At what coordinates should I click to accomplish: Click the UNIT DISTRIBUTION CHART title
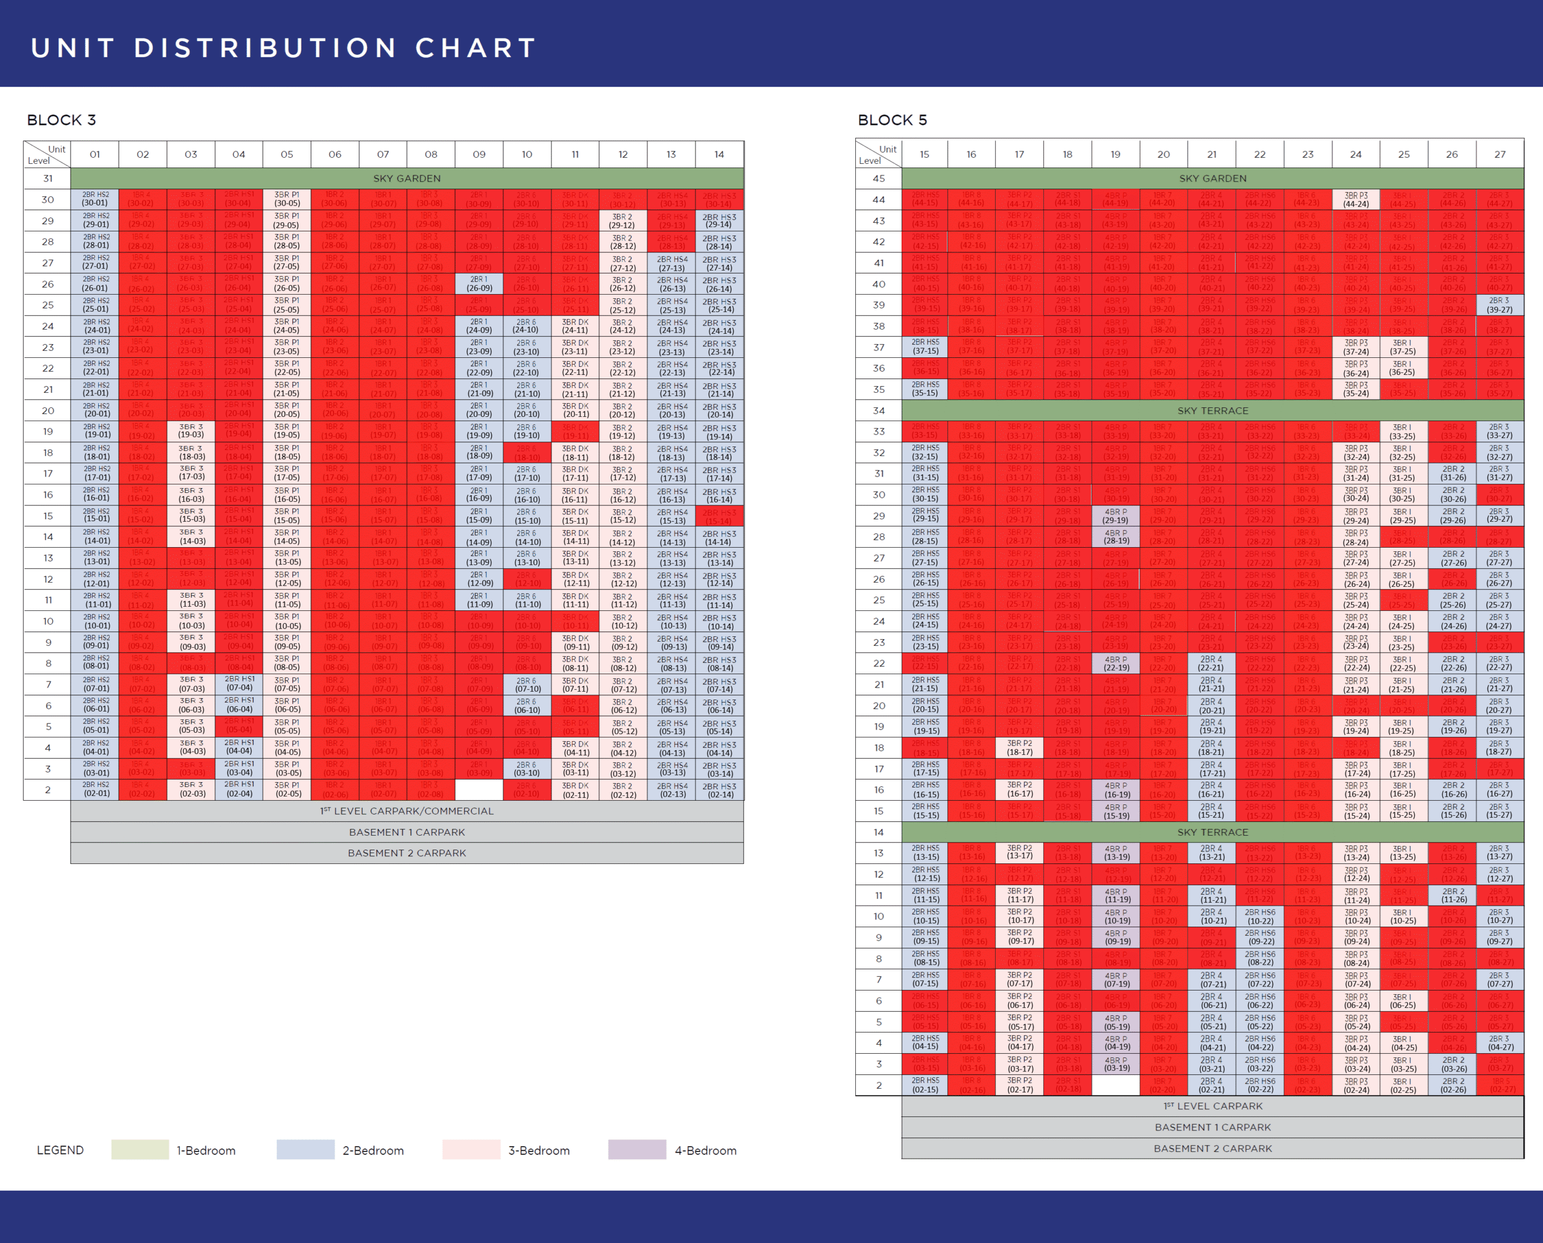click(284, 48)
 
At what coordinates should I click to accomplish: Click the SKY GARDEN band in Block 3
click(406, 178)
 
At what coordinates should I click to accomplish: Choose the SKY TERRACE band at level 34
click(1212, 410)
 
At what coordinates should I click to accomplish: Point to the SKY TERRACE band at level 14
click(1212, 832)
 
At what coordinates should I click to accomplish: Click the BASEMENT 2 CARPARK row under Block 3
click(406, 853)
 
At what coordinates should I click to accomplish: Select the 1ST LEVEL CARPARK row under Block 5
click(1212, 1106)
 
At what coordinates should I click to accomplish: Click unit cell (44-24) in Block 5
click(1356, 200)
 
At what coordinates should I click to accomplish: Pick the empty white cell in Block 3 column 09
click(479, 790)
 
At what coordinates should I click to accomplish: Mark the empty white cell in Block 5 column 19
click(1115, 1085)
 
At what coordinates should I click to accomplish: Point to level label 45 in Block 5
click(878, 178)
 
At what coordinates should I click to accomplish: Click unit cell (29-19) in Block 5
click(1115, 516)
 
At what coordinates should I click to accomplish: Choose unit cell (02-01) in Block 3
click(95, 790)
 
